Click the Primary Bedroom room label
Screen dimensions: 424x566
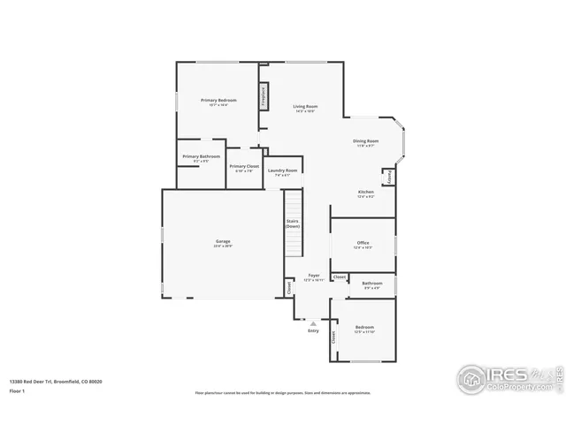point(218,101)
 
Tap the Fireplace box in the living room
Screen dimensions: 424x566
point(264,95)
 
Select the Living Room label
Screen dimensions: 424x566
point(305,107)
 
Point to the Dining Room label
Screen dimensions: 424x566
point(366,141)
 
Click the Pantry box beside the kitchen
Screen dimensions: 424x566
point(388,177)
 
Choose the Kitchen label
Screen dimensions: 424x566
point(365,192)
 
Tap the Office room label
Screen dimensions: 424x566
point(363,243)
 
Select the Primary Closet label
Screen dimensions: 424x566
point(243,167)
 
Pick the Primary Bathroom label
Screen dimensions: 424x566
point(201,156)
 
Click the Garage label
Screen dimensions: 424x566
point(223,241)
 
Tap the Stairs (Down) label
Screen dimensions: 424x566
point(292,224)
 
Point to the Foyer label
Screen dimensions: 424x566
point(313,276)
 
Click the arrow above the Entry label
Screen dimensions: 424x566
point(313,323)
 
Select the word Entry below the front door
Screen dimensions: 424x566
point(313,331)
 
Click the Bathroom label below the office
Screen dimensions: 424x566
point(371,284)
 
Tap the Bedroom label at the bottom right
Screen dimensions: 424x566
point(364,328)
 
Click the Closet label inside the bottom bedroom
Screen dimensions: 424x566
point(334,337)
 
